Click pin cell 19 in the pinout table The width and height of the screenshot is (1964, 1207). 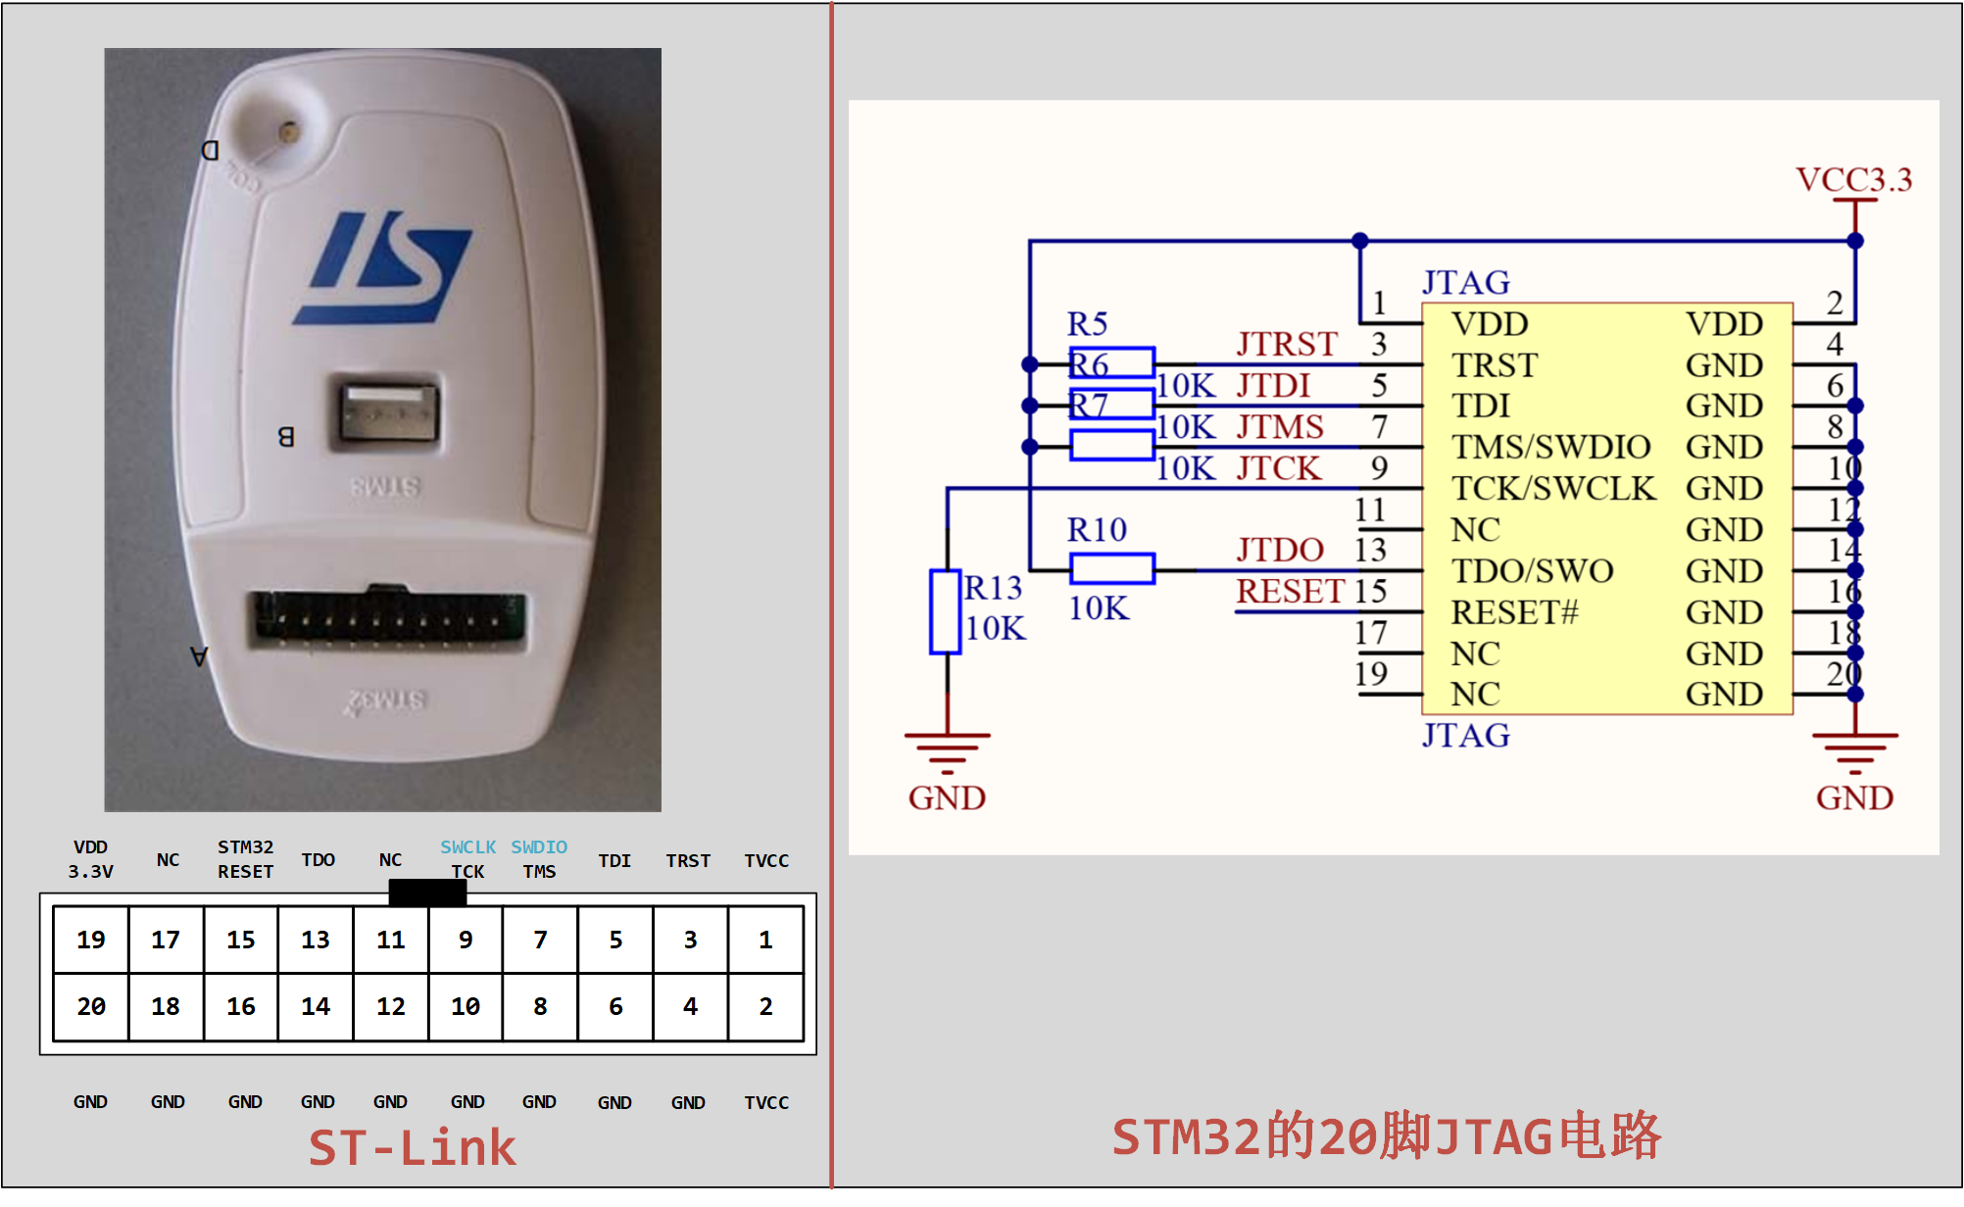pyautogui.click(x=91, y=940)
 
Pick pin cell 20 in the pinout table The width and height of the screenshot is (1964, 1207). pyautogui.click(x=91, y=1006)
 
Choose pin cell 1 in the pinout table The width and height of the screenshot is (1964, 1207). pyautogui.click(x=765, y=940)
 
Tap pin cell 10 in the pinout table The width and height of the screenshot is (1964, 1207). pyautogui.click(x=466, y=1006)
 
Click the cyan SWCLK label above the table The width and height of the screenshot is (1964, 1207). pyautogui.click(x=467, y=846)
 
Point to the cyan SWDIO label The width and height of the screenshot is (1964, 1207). pyautogui.click(x=539, y=846)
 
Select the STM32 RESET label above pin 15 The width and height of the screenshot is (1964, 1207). pyautogui.click(x=245, y=859)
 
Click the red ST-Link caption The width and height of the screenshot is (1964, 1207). pyautogui.click(x=412, y=1148)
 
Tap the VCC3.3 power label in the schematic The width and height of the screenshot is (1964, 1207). pyautogui.click(x=1853, y=179)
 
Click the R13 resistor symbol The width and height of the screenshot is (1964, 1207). pyautogui.click(x=946, y=611)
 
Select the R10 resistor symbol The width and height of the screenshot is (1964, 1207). pyautogui.click(x=1112, y=568)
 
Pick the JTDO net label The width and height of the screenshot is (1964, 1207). pyautogui.click(x=1280, y=550)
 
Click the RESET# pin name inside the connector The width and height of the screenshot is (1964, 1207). pyautogui.click(x=1514, y=612)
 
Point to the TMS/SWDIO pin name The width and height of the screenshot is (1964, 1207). pyautogui.click(x=1550, y=447)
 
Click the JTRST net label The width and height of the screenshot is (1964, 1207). pyautogui.click(x=1287, y=344)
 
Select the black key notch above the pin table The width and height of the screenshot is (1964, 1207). pyautogui.click(x=427, y=892)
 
